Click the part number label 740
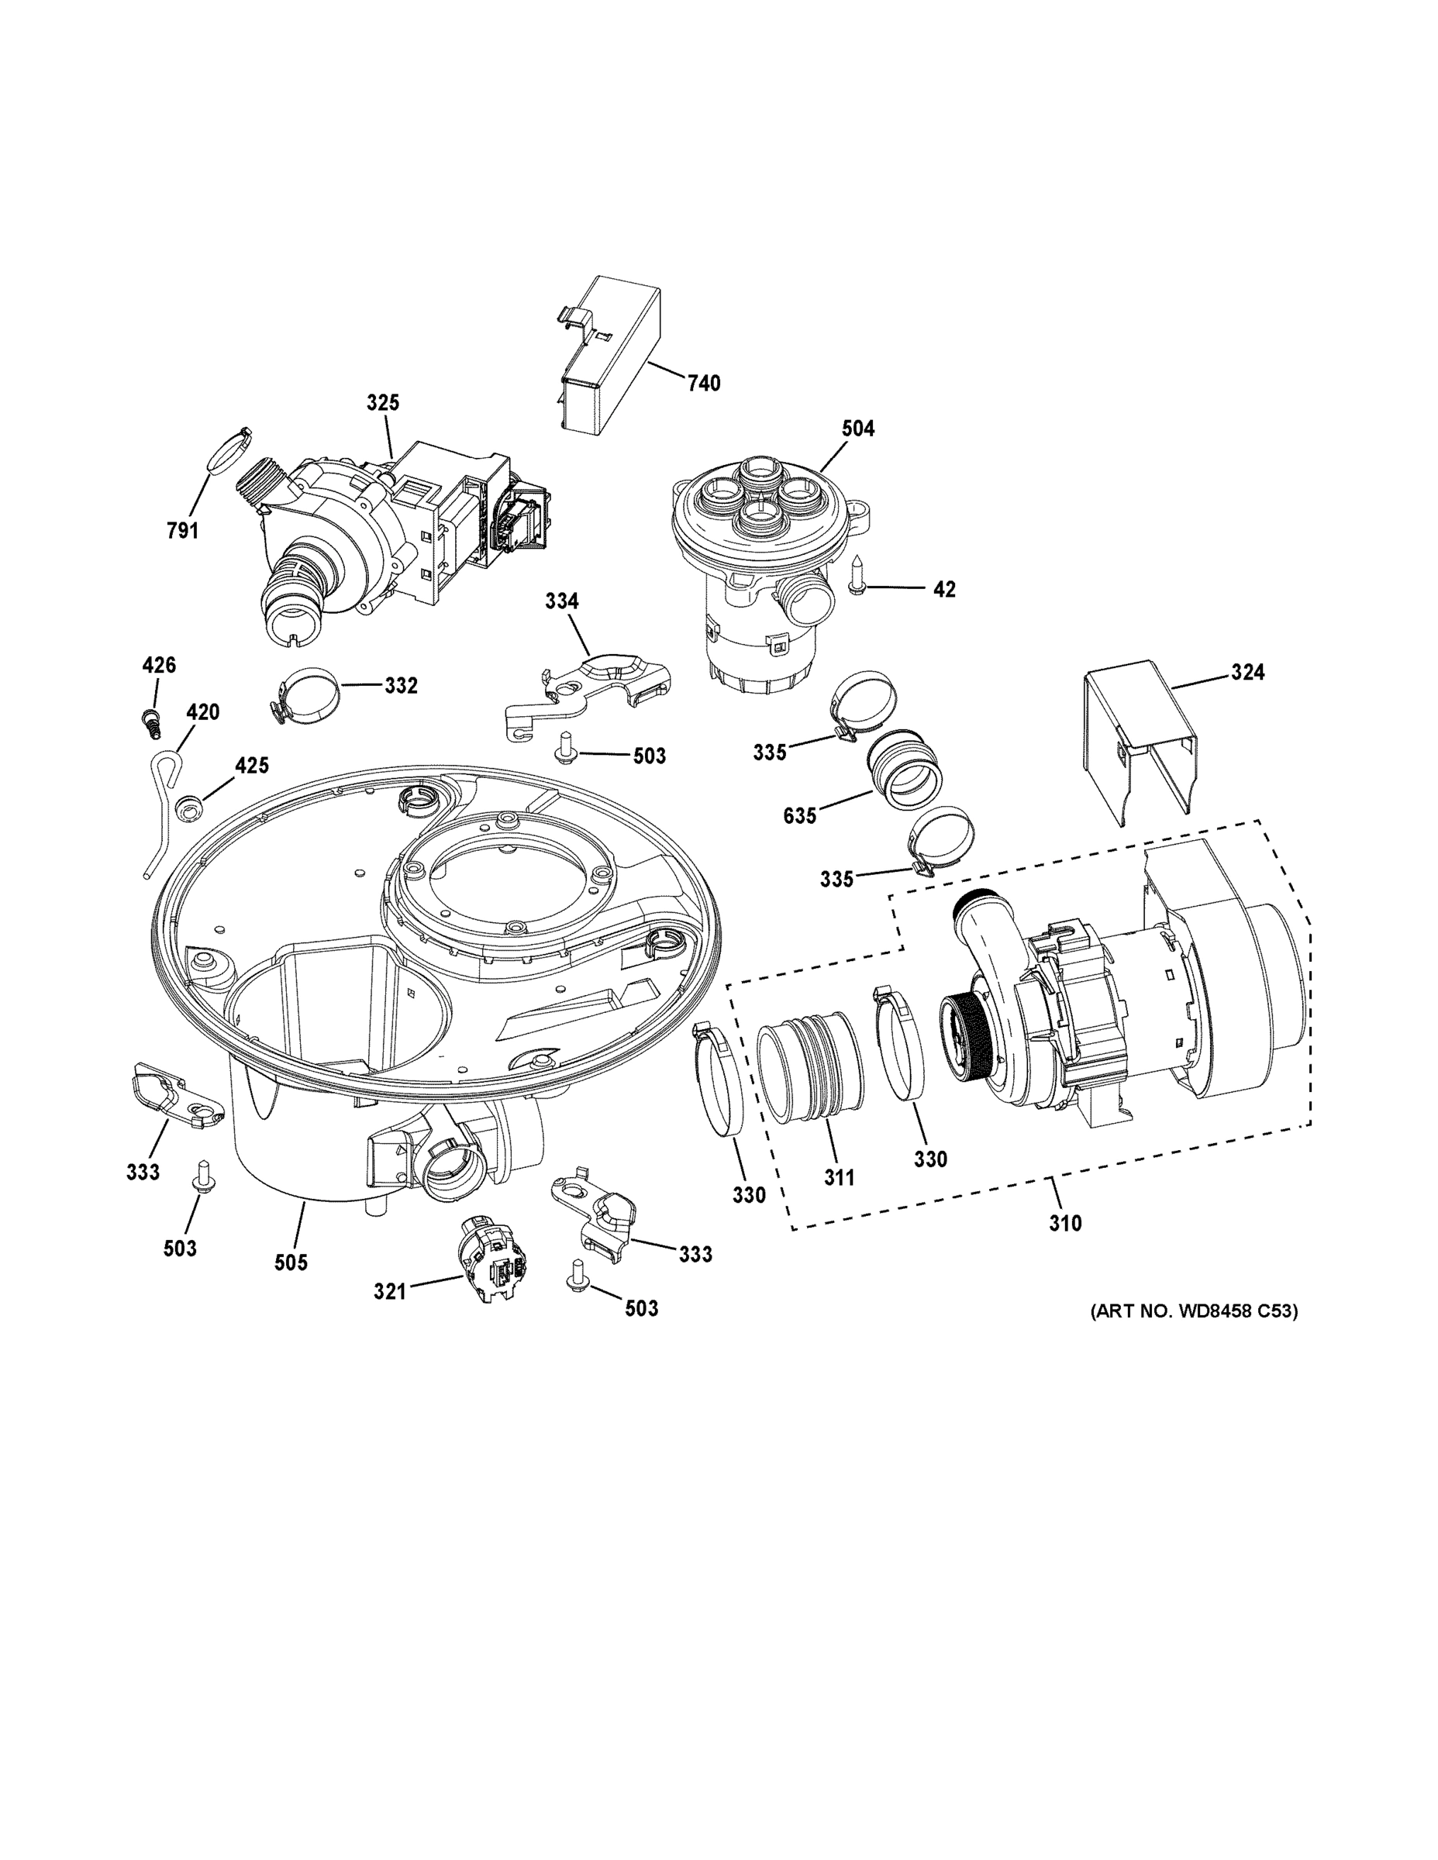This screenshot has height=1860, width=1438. click(704, 384)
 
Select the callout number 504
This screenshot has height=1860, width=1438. click(858, 429)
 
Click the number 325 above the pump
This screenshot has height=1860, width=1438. click(382, 402)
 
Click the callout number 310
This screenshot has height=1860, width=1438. click(1065, 1223)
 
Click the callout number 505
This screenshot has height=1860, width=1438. click(291, 1262)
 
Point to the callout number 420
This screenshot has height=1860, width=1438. click(203, 711)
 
